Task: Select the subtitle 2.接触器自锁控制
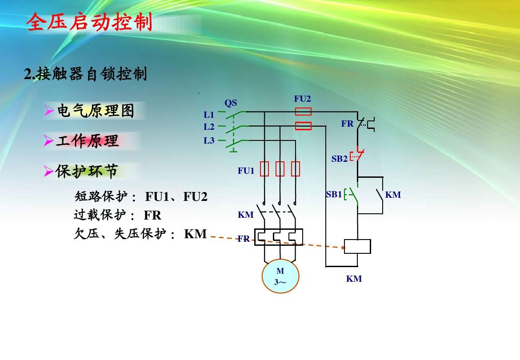click(x=85, y=74)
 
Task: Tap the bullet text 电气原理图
click(x=95, y=111)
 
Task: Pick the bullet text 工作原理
click(x=88, y=141)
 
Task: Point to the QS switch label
click(x=231, y=103)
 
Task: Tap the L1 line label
click(x=209, y=115)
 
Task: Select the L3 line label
click(x=209, y=140)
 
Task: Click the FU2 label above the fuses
click(x=303, y=99)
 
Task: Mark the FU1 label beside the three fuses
click(x=246, y=170)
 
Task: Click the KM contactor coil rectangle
click(x=357, y=246)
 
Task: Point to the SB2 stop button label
click(x=340, y=159)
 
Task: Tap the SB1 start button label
click(x=334, y=194)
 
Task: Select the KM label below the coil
click(x=354, y=279)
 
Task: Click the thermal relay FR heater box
click(x=279, y=237)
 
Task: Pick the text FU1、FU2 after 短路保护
click(x=176, y=196)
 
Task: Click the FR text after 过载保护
click(x=152, y=216)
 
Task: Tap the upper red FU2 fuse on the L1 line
click(x=304, y=112)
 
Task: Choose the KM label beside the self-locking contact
click(x=393, y=195)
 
